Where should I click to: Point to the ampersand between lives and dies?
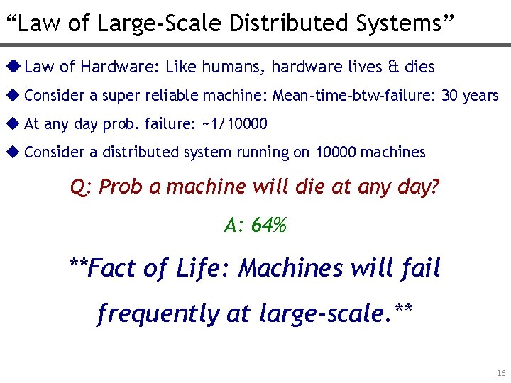(394, 67)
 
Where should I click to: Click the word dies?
(419, 67)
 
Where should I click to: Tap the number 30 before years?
(450, 96)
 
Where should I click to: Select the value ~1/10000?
(235, 124)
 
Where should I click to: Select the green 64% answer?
(269, 226)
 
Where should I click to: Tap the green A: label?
(235, 226)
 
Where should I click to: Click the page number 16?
(501, 373)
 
